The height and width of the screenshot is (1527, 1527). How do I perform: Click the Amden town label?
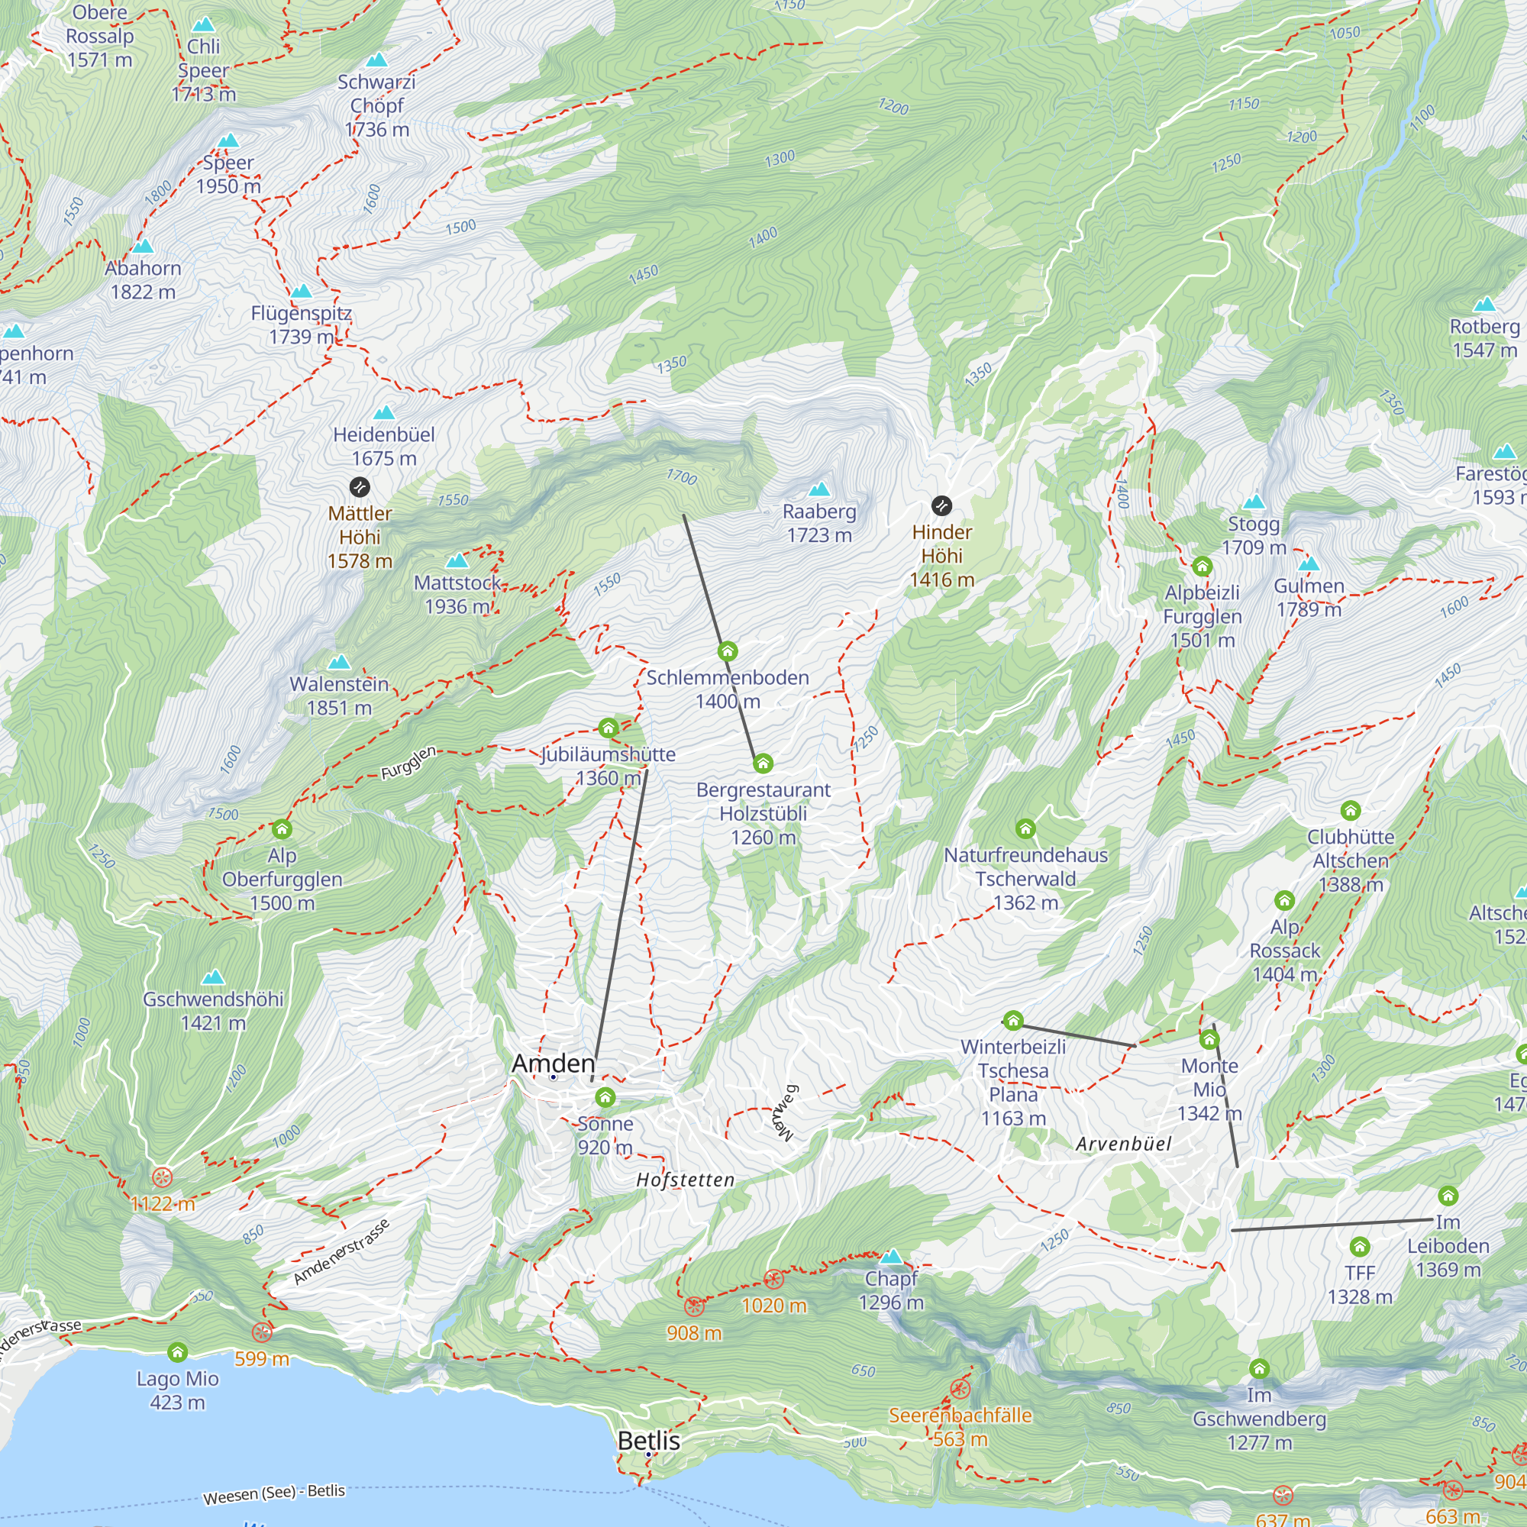tap(553, 1063)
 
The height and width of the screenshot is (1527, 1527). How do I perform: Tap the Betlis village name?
tap(648, 1440)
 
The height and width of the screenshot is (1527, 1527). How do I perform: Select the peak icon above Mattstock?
tap(457, 561)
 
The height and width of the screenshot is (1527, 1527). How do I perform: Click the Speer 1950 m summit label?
tap(228, 174)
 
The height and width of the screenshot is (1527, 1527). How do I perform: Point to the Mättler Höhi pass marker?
tap(360, 487)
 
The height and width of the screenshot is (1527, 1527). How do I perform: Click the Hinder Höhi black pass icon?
tap(941, 505)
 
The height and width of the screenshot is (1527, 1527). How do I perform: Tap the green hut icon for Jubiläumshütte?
tap(608, 727)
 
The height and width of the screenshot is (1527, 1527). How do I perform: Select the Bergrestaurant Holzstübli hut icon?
tap(763, 763)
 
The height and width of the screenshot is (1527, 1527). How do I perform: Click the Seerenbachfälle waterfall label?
tap(960, 1415)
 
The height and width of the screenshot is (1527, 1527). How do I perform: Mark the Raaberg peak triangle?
tap(819, 489)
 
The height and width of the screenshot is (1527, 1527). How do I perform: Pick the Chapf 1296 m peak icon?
tap(892, 1256)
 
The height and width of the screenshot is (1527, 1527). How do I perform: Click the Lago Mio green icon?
tap(178, 1351)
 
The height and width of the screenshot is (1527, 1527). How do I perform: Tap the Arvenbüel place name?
tap(1123, 1144)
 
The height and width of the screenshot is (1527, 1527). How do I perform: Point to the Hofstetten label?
tap(686, 1180)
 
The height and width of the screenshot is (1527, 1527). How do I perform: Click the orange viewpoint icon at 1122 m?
tap(162, 1177)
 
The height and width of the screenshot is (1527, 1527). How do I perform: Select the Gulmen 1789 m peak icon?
tap(1309, 563)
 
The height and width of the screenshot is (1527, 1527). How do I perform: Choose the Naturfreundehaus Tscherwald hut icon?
tap(1025, 828)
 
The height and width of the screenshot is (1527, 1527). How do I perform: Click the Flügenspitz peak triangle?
tap(301, 292)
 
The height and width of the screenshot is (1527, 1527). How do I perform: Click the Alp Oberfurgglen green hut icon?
tap(282, 829)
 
